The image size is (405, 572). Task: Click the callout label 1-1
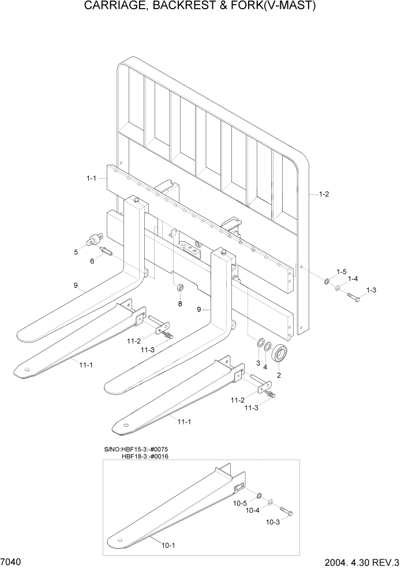(x=91, y=179)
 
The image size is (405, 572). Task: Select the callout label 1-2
(x=324, y=194)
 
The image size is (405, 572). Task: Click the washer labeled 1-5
(x=327, y=281)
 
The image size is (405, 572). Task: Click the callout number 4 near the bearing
(x=265, y=367)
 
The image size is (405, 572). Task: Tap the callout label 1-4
(x=352, y=279)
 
